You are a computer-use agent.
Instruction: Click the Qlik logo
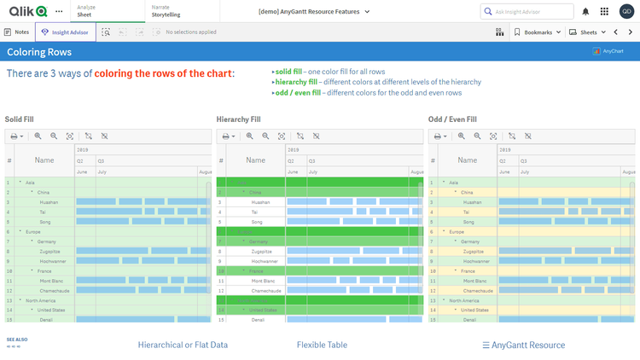point(27,11)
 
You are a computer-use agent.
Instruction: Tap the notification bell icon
point(585,11)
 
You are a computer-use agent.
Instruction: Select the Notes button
point(17,32)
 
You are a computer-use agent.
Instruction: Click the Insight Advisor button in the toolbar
point(60,32)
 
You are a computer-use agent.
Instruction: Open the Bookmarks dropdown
point(538,32)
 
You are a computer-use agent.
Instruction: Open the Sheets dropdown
point(589,32)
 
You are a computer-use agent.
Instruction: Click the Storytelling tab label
point(166,15)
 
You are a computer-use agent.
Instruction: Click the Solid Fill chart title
point(20,119)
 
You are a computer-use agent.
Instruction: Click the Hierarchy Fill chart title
point(239,119)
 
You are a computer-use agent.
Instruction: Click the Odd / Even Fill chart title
point(452,119)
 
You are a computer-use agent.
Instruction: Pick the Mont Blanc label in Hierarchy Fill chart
point(262,281)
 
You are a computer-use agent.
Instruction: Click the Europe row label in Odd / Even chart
point(457,232)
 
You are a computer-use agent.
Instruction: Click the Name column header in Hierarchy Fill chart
point(256,160)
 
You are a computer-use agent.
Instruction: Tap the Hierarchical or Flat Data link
point(183,345)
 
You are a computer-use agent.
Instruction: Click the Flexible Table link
point(322,345)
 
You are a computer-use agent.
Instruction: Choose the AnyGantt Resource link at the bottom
point(523,345)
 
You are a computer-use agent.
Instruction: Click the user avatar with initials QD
point(626,11)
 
